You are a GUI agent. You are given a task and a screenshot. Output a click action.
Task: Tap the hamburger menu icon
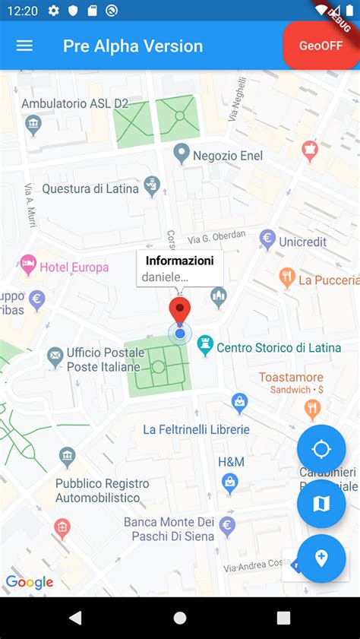[24, 46]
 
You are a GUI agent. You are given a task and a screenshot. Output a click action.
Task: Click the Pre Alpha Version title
[133, 46]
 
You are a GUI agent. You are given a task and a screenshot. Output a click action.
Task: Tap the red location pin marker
[180, 312]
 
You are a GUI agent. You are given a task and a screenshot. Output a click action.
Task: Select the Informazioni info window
[180, 269]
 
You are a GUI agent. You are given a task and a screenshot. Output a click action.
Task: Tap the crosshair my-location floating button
[321, 449]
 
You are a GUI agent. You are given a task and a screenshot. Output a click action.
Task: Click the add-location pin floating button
[321, 558]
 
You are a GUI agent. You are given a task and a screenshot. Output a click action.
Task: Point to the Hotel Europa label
[74, 267]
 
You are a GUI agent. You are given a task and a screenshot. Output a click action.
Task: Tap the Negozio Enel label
[227, 155]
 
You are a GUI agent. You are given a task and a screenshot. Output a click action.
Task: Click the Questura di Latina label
[90, 188]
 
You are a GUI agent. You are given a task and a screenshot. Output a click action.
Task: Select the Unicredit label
[302, 242]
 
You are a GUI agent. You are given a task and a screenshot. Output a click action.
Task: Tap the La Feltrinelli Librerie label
[196, 429]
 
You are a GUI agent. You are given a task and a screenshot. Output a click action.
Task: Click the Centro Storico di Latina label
[279, 347]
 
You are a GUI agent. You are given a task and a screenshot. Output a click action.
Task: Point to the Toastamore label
[291, 377]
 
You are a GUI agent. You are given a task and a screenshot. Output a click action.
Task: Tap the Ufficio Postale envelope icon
[55, 354]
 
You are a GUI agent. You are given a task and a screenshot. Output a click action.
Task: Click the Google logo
[30, 583]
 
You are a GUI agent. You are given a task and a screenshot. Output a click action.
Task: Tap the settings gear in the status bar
[53, 11]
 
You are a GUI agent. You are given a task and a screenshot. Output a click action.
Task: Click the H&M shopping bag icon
[229, 481]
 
